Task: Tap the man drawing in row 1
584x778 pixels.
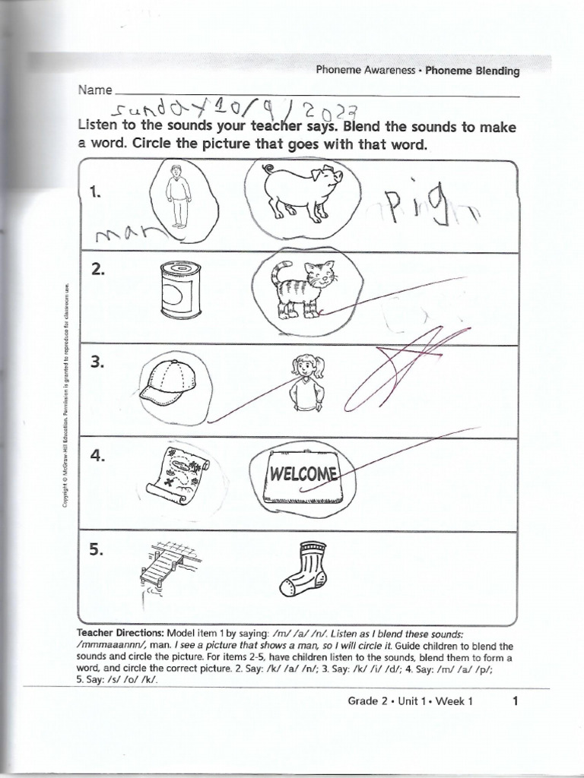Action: pyautogui.click(x=179, y=195)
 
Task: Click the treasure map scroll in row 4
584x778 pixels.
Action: pyautogui.click(x=176, y=473)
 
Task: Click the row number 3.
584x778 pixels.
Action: pyautogui.click(x=96, y=363)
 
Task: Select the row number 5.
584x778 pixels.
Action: pyautogui.click(x=96, y=551)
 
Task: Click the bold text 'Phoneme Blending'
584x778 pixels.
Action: pyautogui.click(x=471, y=71)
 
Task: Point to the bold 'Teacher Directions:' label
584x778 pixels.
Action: pyautogui.click(x=119, y=633)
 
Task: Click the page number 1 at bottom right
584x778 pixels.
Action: pyautogui.click(x=515, y=701)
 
